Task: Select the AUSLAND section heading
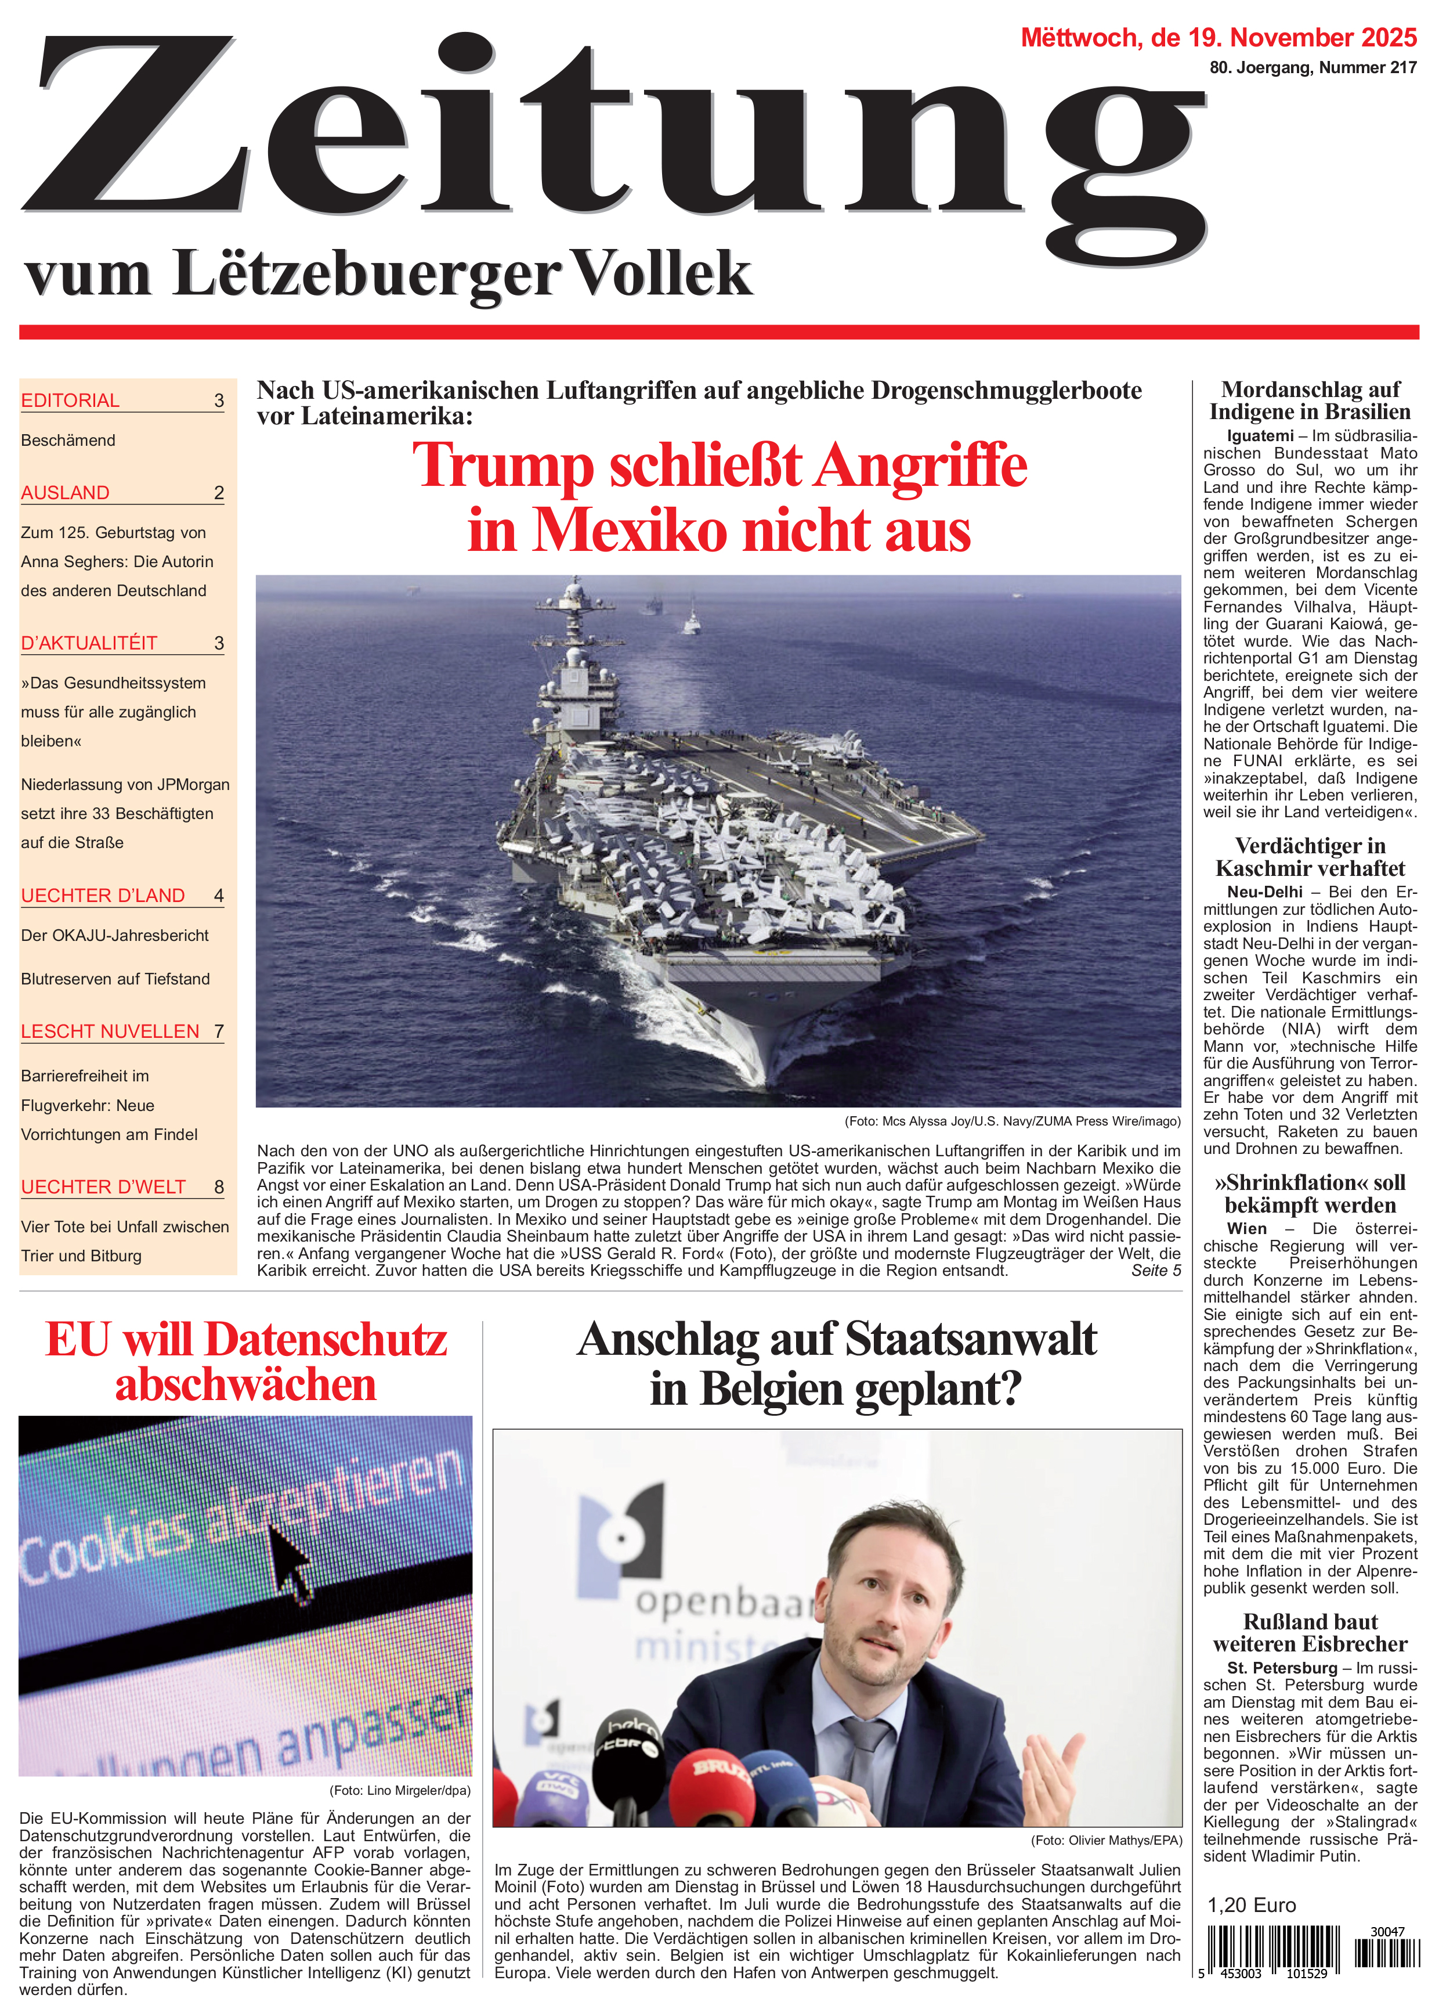pyautogui.click(x=66, y=493)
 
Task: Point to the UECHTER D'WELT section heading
pyautogui.click(x=103, y=1186)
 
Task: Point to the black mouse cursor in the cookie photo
pyautogui.click(x=291, y=1561)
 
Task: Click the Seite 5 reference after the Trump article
pyautogui.click(x=1155, y=1270)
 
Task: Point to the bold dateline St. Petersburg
pyautogui.click(x=1281, y=1668)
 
